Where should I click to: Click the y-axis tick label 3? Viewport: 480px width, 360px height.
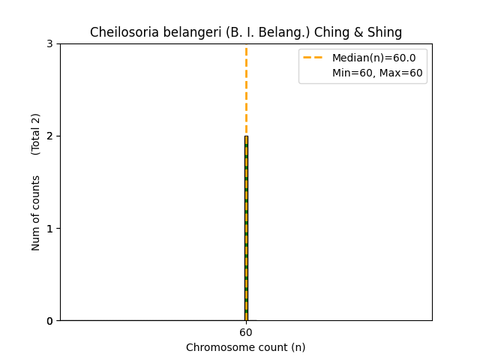click(49, 43)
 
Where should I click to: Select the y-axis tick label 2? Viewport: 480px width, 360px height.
click(49, 136)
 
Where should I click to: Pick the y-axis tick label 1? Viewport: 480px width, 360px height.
click(49, 228)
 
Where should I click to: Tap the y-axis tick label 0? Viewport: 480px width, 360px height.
click(49, 320)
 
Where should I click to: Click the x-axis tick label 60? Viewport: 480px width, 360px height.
click(246, 332)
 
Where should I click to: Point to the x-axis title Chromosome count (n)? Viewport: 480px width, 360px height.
click(246, 347)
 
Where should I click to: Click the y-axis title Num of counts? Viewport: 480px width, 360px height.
click(36, 213)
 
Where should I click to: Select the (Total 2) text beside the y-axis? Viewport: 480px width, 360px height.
click(36, 134)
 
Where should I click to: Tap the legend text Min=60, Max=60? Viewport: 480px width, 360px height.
click(377, 73)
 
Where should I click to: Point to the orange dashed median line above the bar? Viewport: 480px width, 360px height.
click(246, 90)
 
